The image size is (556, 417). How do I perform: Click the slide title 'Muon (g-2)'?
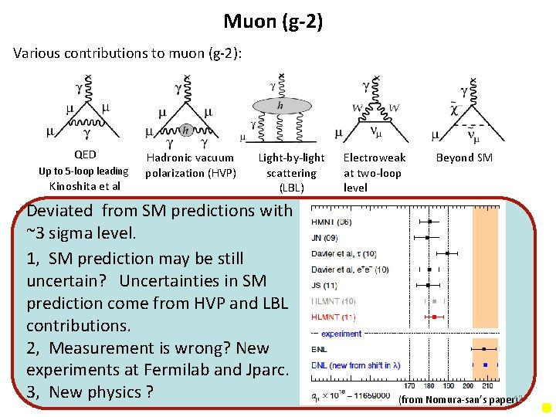273,21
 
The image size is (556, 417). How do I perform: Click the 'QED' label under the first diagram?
85,154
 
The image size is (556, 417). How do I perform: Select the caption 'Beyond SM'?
464,158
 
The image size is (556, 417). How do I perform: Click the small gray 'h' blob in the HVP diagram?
185,130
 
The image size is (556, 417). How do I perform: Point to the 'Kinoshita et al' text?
85,186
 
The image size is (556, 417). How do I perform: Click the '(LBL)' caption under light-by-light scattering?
291,188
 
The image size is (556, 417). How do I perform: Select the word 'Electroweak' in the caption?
375,158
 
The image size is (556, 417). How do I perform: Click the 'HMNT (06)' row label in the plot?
334,222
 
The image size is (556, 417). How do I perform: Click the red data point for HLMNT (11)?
435,317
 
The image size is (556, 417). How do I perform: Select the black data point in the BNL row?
484,349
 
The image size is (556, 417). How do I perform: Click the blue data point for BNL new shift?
484,363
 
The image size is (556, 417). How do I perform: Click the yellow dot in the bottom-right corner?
546,407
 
